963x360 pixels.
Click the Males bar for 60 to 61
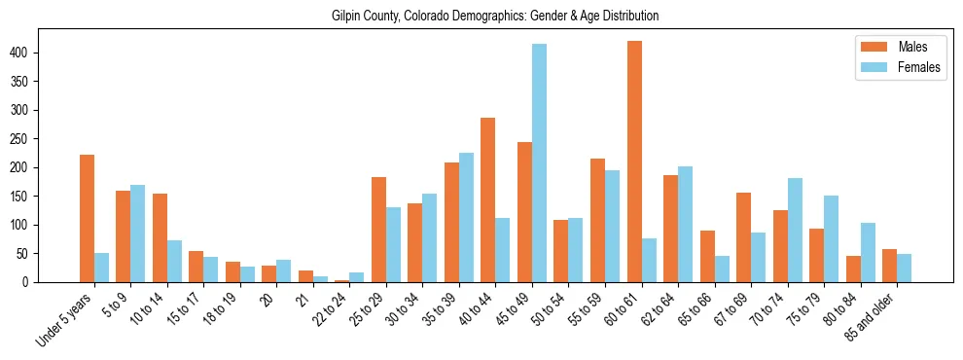pyautogui.click(x=634, y=162)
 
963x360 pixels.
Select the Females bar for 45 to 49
pyautogui.click(x=539, y=163)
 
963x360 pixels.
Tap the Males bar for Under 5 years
pyautogui.click(x=88, y=219)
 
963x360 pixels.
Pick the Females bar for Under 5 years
pyautogui.click(x=102, y=268)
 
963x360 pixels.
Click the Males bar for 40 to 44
pyautogui.click(x=488, y=200)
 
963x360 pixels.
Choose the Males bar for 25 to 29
pyautogui.click(x=378, y=230)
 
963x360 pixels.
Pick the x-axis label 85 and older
pyautogui.click(x=873, y=317)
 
